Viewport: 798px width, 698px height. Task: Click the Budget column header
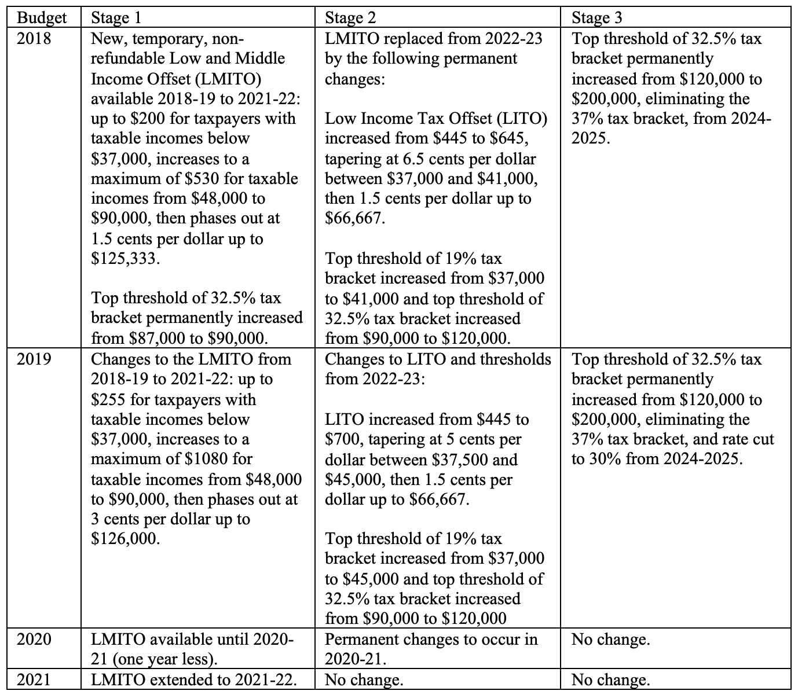coord(42,18)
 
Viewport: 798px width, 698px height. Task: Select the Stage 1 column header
coord(116,18)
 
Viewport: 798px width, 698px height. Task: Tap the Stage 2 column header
coord(350,18)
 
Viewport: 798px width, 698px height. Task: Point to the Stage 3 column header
coord(597,18)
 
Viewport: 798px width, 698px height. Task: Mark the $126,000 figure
coord(125,539)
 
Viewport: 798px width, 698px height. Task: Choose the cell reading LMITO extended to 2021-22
coord(195,679)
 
